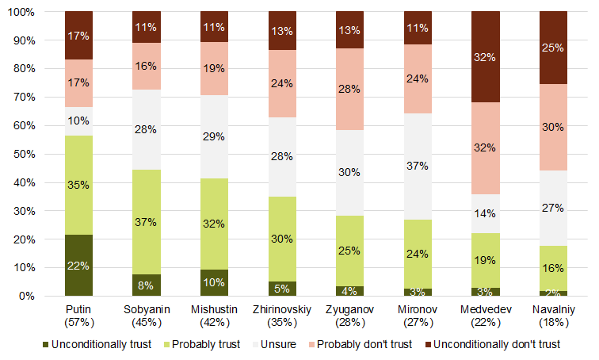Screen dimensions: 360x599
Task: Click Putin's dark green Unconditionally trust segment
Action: coord(78,266)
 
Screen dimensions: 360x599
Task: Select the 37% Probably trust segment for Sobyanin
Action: coord(147,222)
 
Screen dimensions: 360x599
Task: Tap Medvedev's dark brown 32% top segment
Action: coord(485,57)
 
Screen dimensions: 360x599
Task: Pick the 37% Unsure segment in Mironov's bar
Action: coord(418,167)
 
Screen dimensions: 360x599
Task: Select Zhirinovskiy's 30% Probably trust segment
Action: coord(282,239)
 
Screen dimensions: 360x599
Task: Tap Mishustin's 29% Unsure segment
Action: coord(214,137)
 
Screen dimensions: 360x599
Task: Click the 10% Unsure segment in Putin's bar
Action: coord(78,121)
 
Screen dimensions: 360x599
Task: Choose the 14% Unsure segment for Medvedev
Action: coord(485,213)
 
